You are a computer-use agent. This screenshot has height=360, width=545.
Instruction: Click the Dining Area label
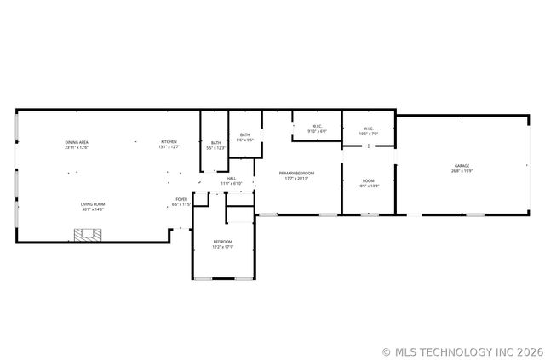pyautogui.click(x=77, y=142)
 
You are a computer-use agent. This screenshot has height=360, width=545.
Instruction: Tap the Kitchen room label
pyautogui.click(x=169, y=141)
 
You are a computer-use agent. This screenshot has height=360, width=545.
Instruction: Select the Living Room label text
pyautogui.click(x=93, y=204)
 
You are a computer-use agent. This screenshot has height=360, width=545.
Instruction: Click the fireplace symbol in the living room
pyautogui.click(x=84, y=236)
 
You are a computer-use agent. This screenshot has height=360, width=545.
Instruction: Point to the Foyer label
pyautogui.click(x=181, y=200)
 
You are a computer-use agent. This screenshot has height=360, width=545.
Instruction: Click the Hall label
pyautogui.click(x=232, y=179)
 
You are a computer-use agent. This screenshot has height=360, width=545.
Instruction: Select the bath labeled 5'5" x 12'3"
pyautogui.click(x=215, y=146)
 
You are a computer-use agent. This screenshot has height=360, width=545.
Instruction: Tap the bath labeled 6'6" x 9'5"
pyautogui.click(x=245, y=137)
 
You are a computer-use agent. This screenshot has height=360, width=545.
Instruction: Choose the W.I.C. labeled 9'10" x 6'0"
pyautogui.click(x=316, y=129)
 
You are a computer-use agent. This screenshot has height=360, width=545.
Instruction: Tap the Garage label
pyautogui.click(x=462, y=166)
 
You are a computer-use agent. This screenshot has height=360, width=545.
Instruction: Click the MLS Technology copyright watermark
pyautogui.click(x=462, y=351)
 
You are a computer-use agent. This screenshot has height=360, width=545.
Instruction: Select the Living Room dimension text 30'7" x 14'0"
pyautogui.click(x=93, y=209)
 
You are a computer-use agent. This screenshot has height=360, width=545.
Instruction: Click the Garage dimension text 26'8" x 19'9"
pyautogui.click(x=462, y=171)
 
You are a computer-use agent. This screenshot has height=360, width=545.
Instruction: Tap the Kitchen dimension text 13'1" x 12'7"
pyautogui.click(x=169, y=147)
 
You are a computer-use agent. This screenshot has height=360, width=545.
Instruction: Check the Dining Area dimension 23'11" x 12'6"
pyautogui.click(x=77, y=147)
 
